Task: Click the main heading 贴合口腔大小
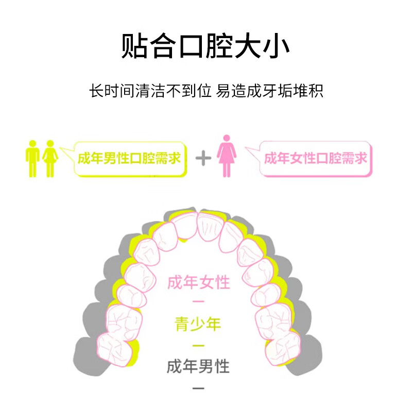[x=205, y=46]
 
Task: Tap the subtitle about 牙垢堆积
[x=206, y=91]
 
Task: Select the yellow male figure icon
[x=32, y=159]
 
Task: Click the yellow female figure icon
[x=50, y=159]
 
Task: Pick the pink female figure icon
[x=227, y=156]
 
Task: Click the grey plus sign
[x=203, y=158]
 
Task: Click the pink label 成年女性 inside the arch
[x=199, y=282]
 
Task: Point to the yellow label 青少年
[x=198, y=324]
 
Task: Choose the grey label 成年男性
[x=198, y=366]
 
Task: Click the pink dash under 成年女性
[x=198, y=301]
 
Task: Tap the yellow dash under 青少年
[x=198, y=345]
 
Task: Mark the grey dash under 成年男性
[x=198, y=388]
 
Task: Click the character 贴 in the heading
[x=134, y=46]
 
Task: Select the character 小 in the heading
[x=276, y=46]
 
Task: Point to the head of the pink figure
[x=227, y=138]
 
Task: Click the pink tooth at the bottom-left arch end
[x=115, y=350]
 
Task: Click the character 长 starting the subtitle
[x=96, y=91]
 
